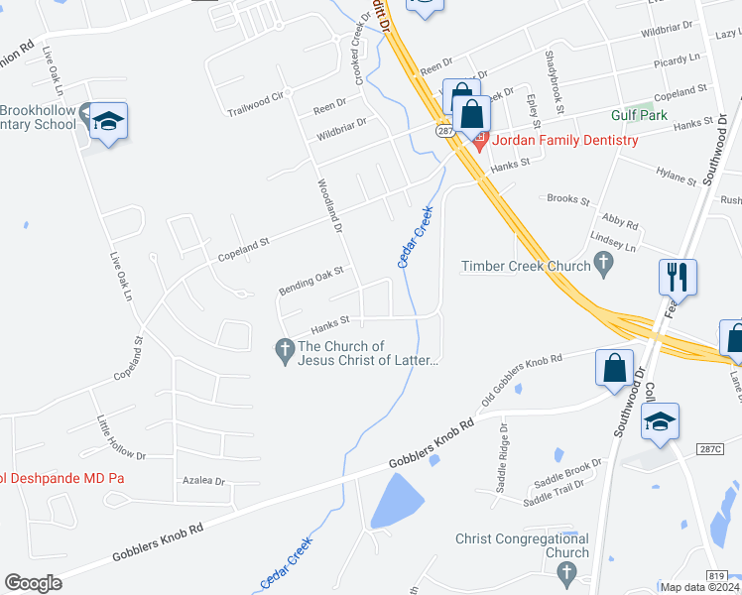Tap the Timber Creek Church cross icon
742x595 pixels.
tap(602, 264)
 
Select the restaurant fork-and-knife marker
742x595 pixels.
tap(678, 277)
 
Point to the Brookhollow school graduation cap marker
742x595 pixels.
tap(107, 121)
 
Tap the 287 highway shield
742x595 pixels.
tap(443, 130)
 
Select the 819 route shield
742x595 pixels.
tap(718, 575)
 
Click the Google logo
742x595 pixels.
tap(33, 583)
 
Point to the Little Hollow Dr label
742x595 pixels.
tap(120, 441)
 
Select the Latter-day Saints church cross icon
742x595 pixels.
tap(284, 348)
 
